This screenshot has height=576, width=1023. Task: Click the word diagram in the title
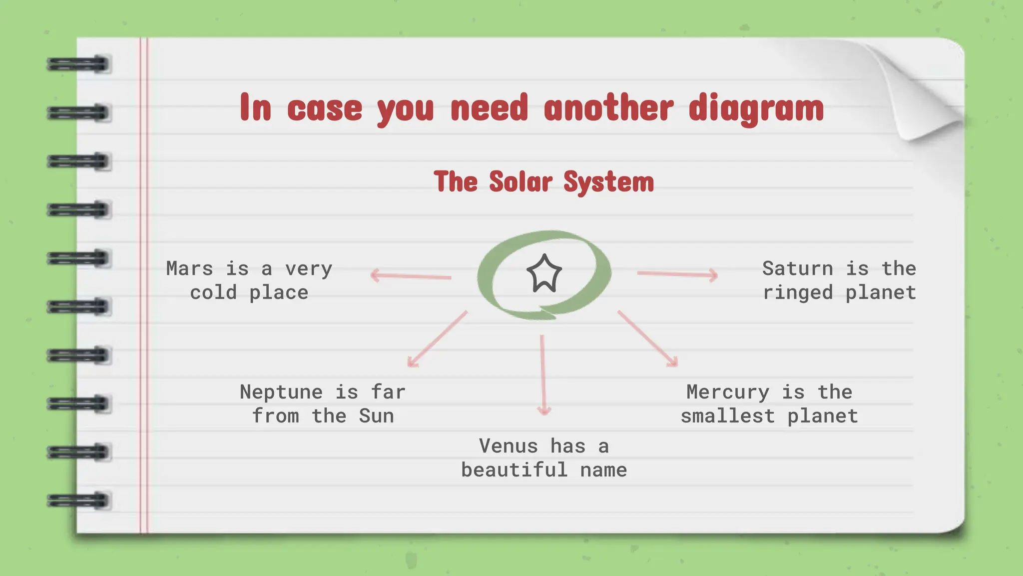pos(756,108)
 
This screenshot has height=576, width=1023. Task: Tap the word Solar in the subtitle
pos(519,181)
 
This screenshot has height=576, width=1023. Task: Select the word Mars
pos(190,268)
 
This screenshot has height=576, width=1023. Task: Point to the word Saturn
pos(797,268)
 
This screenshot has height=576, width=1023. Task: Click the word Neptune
pos(281,392)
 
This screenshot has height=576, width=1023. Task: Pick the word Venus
pos(508,446)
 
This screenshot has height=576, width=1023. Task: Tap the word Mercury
pos(727,392)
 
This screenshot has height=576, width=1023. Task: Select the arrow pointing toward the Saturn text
pos(677,274)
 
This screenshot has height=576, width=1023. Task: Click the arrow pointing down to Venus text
pos(543,375)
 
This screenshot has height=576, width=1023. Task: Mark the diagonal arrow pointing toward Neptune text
pos(437,339)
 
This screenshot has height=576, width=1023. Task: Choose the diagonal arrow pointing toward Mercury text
pos(648,339)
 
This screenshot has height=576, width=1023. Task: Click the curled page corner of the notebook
pos(924,95)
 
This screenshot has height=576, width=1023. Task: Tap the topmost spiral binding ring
pos(78,64)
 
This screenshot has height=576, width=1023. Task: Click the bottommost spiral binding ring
pos(78,500)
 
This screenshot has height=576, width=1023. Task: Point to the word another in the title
pos(608,108)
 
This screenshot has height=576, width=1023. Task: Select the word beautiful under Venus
pos(514,470)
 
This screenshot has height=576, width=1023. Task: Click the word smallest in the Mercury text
pos(727,416)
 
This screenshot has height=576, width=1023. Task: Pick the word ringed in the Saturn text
pos(797,292)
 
